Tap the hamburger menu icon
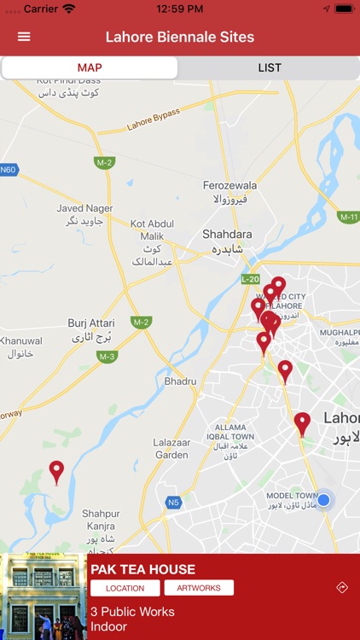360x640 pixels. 24,37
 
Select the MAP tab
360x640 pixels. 90,68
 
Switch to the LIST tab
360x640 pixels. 270,68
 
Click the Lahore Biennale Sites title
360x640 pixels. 180,37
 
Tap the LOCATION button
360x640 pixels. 125,588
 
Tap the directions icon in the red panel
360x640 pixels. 342,588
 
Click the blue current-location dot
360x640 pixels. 323,499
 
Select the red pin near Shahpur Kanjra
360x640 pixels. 56,471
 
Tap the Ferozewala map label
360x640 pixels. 229,185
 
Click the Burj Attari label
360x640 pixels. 90,323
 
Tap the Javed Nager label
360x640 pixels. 84,208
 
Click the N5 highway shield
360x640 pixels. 173,503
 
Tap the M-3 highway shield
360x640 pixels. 107,357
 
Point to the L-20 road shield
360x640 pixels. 250,279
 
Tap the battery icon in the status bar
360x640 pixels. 343,9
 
